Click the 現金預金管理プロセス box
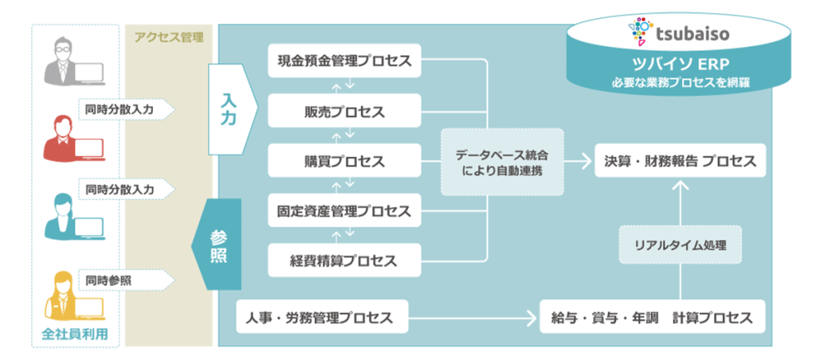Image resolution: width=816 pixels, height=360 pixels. pyautogui.click(x=345, y=61)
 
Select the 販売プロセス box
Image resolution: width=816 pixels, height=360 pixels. pyautogui.click(x=345, y=111)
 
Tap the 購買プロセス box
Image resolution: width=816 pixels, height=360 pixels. pyautogui.click(x=345, y=161)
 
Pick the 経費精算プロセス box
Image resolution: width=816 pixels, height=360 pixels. pyautogui.click(x=345, y=260)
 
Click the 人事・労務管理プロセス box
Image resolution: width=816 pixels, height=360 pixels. pyautogui.click(x=323, y=317)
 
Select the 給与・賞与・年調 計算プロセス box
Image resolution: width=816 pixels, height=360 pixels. pyautogui.click(x=653, y=317)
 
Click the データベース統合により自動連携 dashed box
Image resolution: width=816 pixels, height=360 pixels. pyautogui.click(x=502, y=161)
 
